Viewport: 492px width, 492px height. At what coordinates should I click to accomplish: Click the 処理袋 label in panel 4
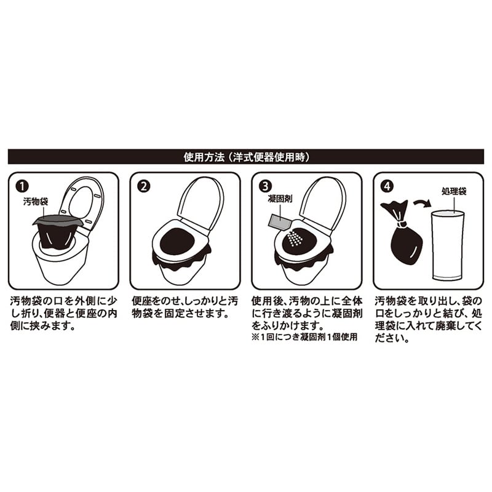453,192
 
